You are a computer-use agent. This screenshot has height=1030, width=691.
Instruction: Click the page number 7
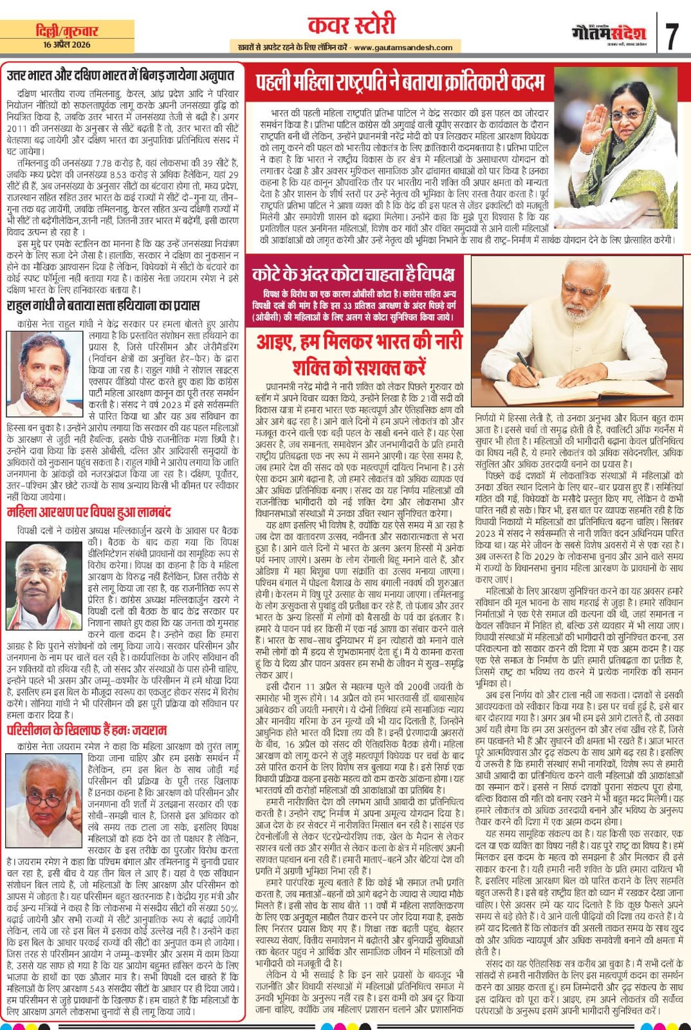672,36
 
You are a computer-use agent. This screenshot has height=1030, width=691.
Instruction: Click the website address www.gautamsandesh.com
402,47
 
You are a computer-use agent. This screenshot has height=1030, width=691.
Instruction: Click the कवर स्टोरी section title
346,26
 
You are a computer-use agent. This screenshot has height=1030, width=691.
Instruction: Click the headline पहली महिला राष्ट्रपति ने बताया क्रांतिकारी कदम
399,82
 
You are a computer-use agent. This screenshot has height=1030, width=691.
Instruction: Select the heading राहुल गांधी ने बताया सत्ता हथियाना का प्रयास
103,304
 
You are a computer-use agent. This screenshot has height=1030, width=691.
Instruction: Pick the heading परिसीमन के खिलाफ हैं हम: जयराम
87,729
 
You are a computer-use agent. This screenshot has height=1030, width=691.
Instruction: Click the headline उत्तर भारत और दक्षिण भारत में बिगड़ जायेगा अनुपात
120,75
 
